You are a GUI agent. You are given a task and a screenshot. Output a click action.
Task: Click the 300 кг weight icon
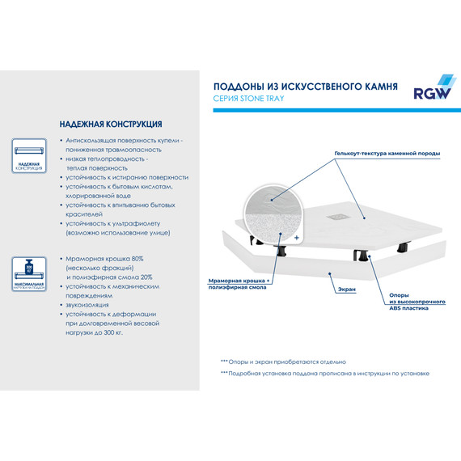click(28, 269)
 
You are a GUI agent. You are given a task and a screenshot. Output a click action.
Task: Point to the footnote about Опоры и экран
click(282, 361)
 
